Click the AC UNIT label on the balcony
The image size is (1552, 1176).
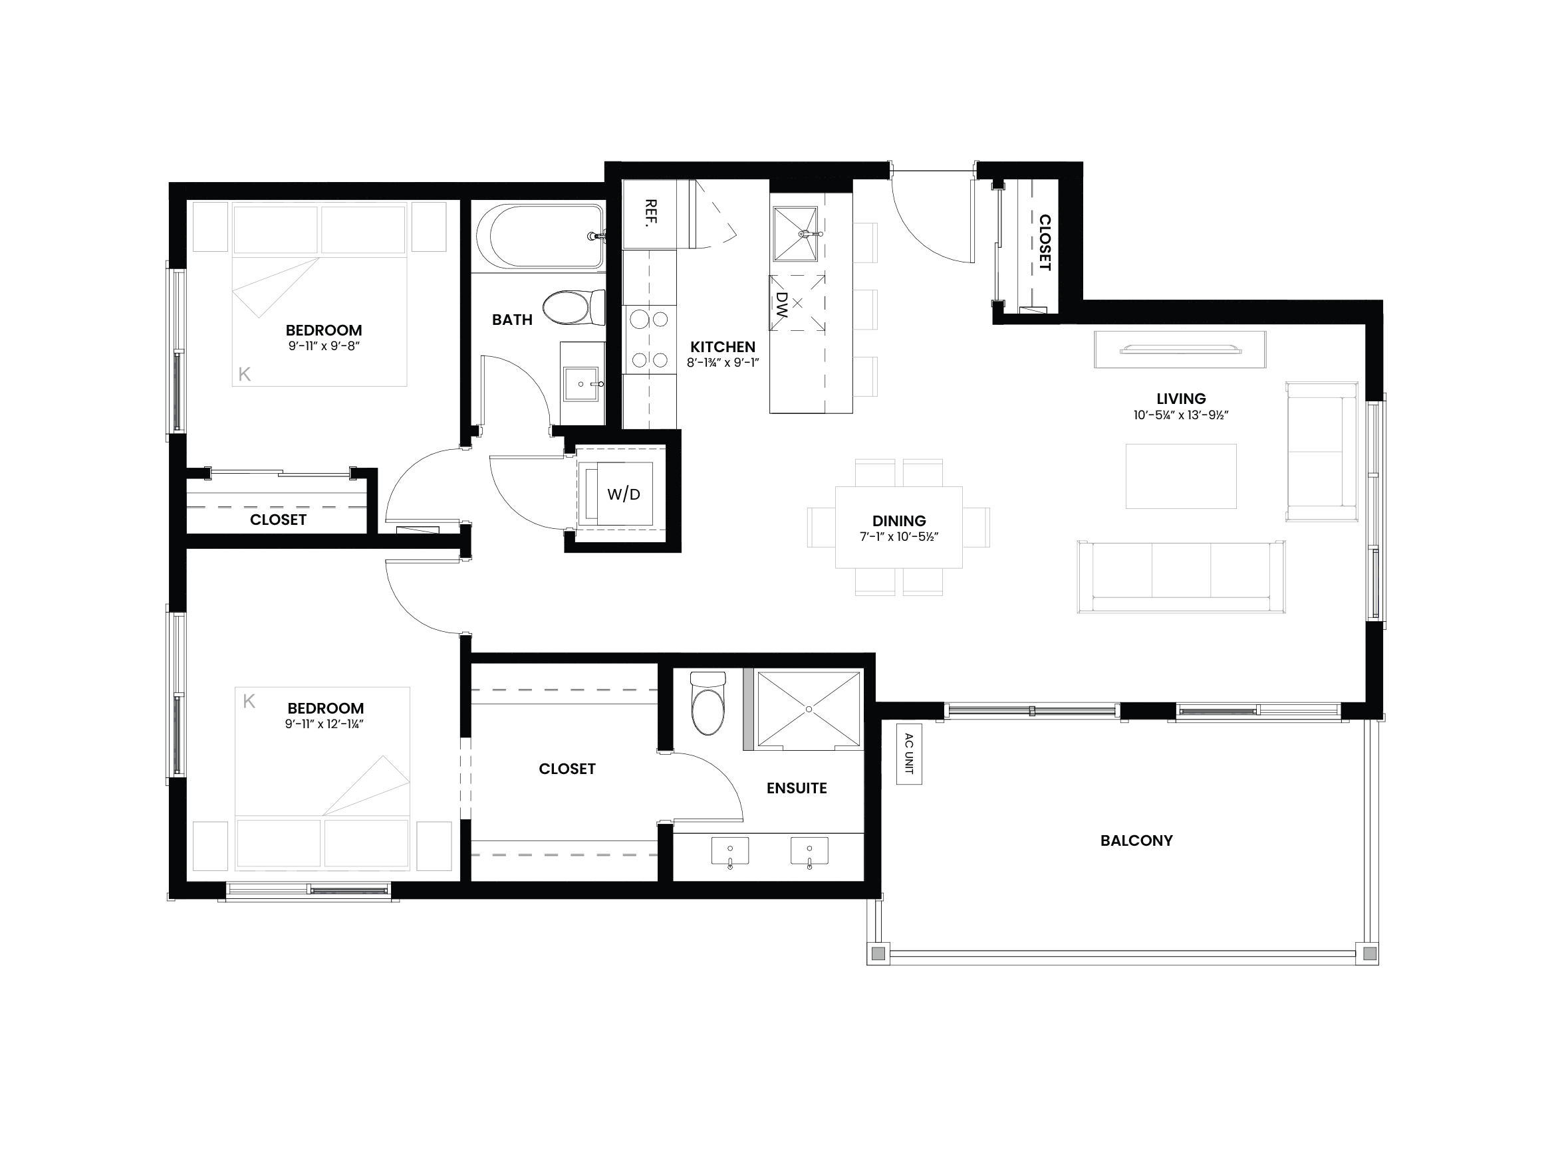(909, 754)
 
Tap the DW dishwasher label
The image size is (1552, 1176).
(781, 305)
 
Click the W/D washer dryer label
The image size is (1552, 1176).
(624, 494)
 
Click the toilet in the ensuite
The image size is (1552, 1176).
(708, 704)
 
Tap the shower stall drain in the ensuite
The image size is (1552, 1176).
(809, 710)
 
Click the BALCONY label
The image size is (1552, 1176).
(1136, 840)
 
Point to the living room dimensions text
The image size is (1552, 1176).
(1181, 415)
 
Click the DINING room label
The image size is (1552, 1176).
(899, 521)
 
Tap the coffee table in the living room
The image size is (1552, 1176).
(1181, 476)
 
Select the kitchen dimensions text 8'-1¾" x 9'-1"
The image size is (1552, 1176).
(723, 363)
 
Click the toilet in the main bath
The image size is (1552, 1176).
(574, 308)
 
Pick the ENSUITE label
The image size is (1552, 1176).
(797, 788)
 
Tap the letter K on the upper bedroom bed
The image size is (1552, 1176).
(244, 375)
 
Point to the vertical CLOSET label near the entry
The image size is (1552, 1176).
(1044, 243)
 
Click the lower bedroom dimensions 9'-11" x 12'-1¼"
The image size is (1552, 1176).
(323, 724)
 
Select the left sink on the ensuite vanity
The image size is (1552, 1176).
(729, 851)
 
